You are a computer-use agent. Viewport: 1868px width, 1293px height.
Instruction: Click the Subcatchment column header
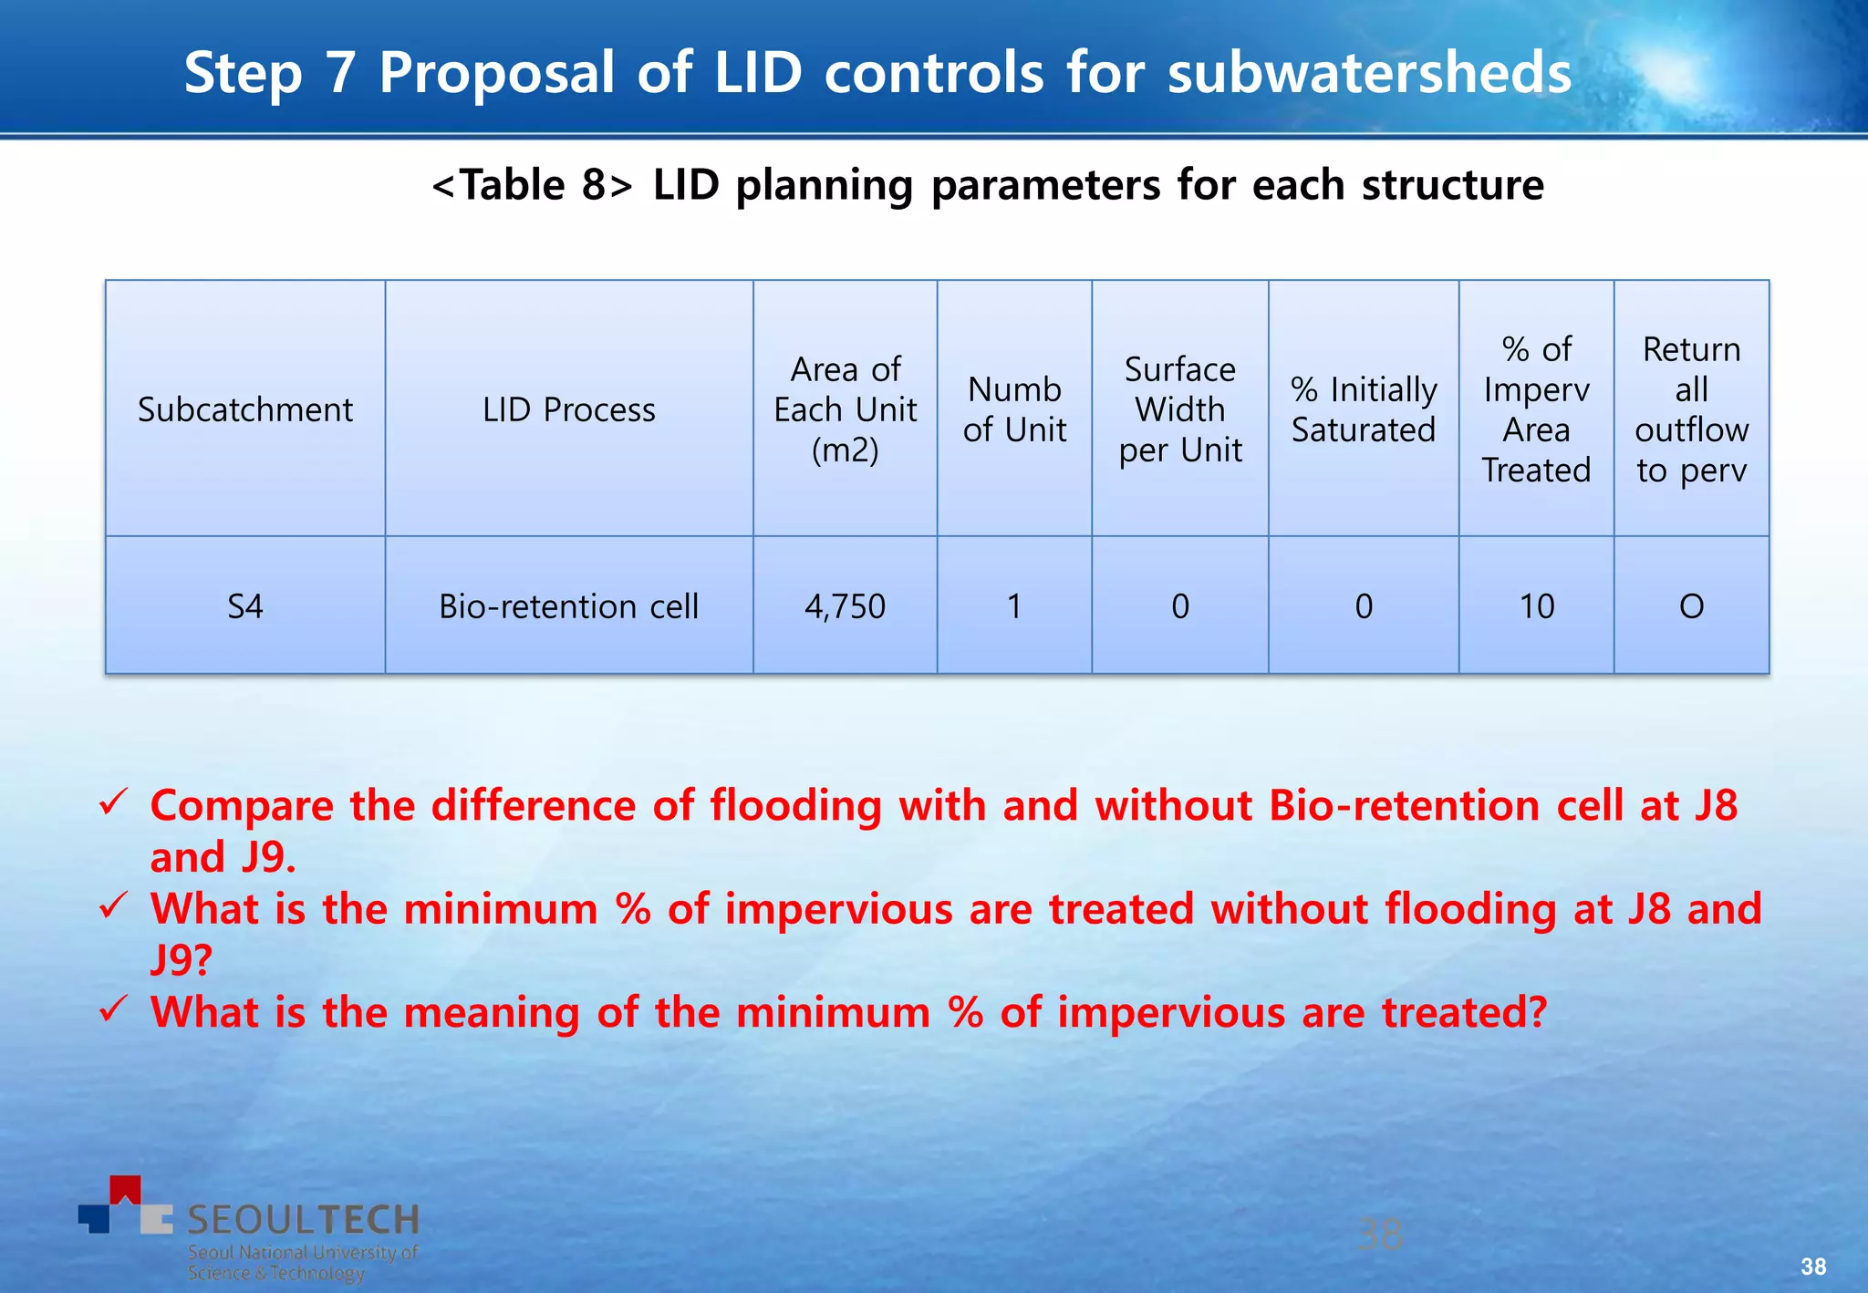coord(244,409)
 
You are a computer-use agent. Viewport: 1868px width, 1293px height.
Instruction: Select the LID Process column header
coord(568,409)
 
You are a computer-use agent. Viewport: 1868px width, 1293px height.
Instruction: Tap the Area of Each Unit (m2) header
coord(845,409)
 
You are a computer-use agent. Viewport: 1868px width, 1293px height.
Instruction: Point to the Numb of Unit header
coord(1014,409)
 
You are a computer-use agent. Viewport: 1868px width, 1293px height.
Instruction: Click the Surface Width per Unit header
coord(1179,409)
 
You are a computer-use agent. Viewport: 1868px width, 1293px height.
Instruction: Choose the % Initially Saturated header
coord(1364,409)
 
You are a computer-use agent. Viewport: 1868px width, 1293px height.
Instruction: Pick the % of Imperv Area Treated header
coord(1536,409)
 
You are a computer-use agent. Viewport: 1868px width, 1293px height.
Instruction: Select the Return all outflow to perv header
coord(1691,409)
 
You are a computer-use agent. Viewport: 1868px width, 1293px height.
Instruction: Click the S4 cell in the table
coord(244,606)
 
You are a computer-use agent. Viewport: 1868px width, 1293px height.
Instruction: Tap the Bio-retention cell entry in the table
coord(568,606)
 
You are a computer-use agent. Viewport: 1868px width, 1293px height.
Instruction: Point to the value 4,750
coord(845,606)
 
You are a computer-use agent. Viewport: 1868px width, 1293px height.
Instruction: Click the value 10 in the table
coord(1536,606)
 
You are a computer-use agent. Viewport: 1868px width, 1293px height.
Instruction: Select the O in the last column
coord(1691,606)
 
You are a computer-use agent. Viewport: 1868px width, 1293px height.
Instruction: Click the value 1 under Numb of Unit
coord(1014,606)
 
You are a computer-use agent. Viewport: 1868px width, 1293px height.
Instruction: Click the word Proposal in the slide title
coord(496,73)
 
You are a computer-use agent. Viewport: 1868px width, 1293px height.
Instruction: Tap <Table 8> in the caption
coord(532,185)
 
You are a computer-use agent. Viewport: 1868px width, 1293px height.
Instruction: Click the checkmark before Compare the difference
coord(113,803)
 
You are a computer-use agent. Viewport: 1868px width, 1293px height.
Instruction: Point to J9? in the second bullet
coord(181,959)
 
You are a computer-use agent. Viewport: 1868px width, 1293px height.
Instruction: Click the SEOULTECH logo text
coord(302,1219)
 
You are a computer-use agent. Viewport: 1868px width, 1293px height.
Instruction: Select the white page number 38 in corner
coord(1813,1267)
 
